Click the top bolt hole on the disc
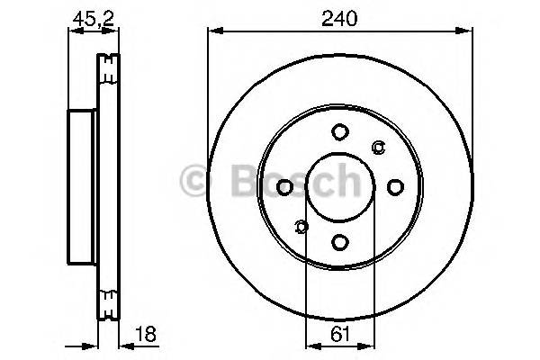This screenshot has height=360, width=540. coord(339,132)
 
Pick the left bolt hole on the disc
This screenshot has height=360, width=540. coord(285,187)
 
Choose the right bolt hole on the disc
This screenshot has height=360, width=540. coord(394,186)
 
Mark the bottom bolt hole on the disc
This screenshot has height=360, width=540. coord(339,241)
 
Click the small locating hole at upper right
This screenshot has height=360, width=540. coord(378,148)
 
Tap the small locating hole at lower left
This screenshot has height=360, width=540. coord(301,226)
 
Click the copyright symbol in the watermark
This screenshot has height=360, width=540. coord(195,183)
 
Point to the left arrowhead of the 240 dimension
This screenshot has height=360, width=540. coord(213,31)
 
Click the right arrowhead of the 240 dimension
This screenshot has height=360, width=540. coord(468,31)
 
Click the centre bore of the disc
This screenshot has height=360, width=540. coord(339,186)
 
